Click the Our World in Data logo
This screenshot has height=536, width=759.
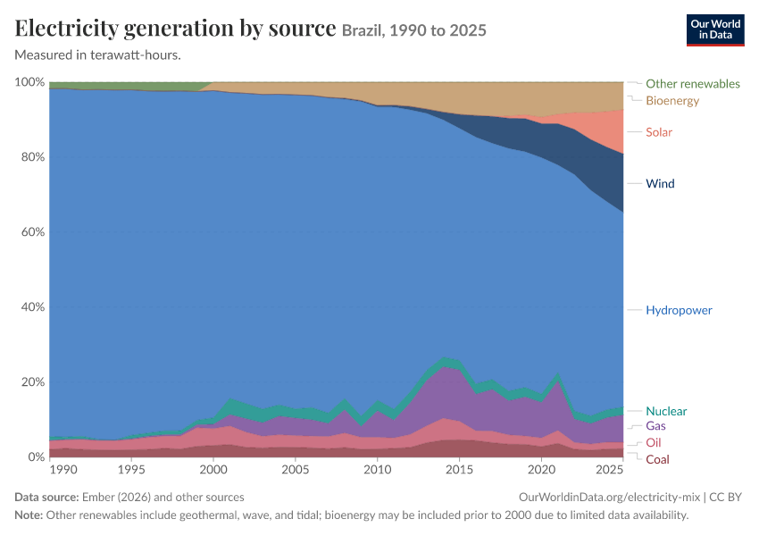[x=715, y=30]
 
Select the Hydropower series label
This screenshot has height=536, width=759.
[x=679, y=310]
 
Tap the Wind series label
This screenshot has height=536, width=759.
[x=660, y=183]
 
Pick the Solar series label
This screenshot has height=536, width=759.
[x=659, y=132]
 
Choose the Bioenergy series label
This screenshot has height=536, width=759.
[x=672, y=101]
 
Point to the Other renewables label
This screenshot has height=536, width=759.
[x=693, y=84]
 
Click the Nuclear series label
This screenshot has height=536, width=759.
[x=666, y=411]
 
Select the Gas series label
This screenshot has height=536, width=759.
[x=655, y=425]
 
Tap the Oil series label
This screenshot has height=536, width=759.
[x=653, y=442]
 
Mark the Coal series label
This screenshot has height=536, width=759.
[x=657, y=459]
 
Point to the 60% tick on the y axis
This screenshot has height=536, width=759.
[x=33, y=232]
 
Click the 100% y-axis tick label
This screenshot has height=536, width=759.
[x=30, y=82]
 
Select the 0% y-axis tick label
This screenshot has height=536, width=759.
[x=36, y=456]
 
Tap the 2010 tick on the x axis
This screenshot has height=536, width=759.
[x=378, y=469]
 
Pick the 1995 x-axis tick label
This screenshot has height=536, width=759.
[x=131, y=469]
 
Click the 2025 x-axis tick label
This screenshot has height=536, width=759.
[x=609, y=469]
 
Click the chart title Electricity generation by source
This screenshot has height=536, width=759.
[x=175, y=28]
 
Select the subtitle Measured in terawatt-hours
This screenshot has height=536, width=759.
[x=98, y=55]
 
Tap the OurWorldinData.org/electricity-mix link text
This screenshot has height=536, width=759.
[x=609, y=497]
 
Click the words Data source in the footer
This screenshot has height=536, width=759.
[x=46, y=497]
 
